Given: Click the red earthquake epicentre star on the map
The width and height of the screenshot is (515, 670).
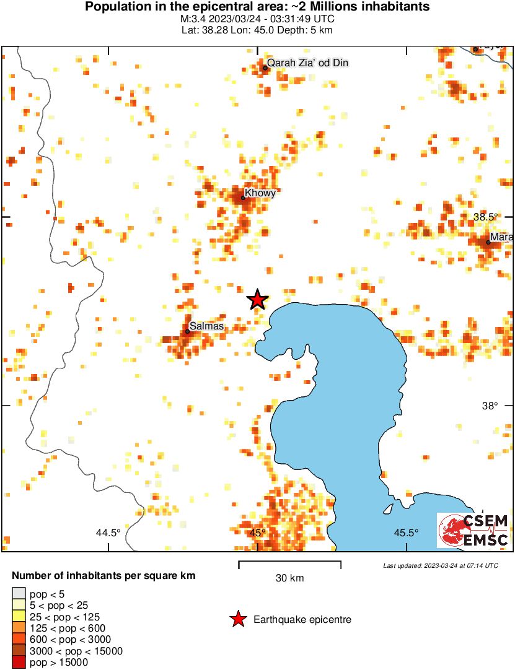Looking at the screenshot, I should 257,300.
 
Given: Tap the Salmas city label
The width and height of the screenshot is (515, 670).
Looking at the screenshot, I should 206,326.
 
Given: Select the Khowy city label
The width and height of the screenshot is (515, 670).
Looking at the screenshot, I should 260,193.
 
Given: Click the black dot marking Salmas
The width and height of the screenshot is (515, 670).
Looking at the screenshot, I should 187,331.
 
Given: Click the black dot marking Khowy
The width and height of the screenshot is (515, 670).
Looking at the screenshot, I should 243,198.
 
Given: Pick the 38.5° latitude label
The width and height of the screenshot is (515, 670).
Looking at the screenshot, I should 486,217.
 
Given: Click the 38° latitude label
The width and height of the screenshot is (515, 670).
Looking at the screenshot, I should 490,406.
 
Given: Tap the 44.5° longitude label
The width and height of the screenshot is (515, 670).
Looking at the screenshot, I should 108,533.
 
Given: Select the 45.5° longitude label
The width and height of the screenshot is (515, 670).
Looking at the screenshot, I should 407,533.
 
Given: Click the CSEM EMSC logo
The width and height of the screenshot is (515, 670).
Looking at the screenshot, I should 473,530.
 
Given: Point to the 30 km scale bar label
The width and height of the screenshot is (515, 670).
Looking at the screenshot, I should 289,578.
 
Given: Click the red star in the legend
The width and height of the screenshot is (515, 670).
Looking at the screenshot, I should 237,619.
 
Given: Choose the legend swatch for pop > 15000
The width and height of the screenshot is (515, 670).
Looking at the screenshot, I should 19,662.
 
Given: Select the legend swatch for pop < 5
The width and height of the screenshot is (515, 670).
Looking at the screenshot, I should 19,594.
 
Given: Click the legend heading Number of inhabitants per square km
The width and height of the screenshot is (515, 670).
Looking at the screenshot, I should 103,575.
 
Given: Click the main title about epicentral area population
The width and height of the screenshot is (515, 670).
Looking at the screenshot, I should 257,7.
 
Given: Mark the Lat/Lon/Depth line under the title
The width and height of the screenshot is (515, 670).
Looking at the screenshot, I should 257,28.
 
